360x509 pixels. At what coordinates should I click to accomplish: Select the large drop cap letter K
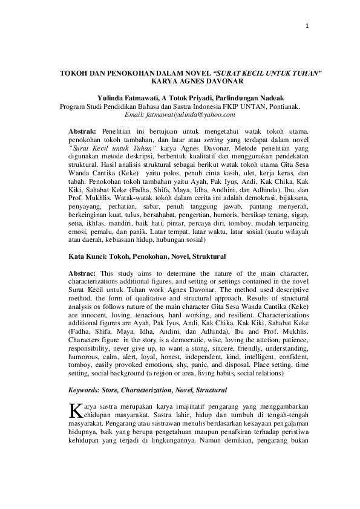pyautogui.click(x=74, y=412)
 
